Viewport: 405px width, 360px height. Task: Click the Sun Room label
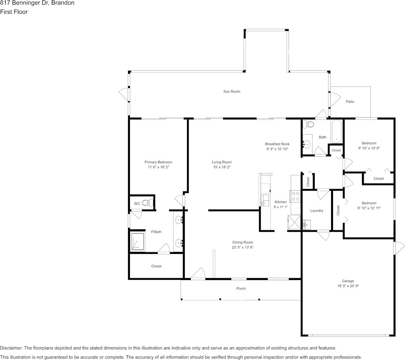pos(232,91)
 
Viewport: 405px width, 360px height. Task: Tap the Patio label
pos(350,102)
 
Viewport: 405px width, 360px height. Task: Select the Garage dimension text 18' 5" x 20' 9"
pos(348,286)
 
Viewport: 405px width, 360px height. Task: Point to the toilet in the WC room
pos(147,203)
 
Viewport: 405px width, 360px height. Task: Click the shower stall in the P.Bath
pos(138,241)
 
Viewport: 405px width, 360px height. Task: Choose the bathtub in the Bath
pos(336,131)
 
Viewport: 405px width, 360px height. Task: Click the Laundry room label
pos(317,210)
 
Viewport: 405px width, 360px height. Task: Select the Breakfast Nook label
pos(277,144)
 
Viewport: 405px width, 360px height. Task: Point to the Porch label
pos(241,288)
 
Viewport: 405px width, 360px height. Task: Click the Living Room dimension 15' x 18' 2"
pos(222,167)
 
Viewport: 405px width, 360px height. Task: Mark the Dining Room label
pos(243,242)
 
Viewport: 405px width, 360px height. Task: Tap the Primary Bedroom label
pos(158,162)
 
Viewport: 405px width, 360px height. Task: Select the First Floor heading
pos(14,12)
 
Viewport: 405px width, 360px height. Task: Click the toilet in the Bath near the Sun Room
pos(308,124)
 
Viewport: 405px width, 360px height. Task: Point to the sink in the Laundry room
pos(306,225)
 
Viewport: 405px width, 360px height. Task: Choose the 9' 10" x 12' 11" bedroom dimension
pos(369,208)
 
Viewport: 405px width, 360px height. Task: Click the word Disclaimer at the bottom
pos(11,348)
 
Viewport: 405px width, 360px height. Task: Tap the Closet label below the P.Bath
pos(156,266)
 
